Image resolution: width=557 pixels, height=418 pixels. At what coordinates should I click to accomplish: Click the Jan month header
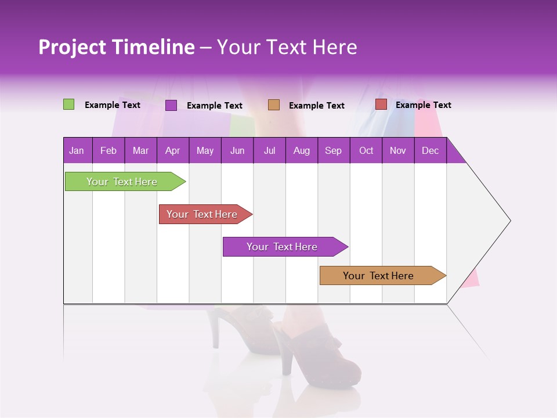click(x=77, y=150)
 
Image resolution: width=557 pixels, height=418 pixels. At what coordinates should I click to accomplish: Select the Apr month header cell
click(x=172, y=150)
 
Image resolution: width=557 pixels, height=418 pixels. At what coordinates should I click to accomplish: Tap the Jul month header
click(x=269, y=150)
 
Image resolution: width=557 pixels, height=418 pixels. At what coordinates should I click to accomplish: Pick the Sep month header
click(x=333, y=150)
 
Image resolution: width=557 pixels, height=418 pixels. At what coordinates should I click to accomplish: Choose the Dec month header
click(x=430, y=150)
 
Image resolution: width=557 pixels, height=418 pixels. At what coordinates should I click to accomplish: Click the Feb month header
click(x=108, y=150)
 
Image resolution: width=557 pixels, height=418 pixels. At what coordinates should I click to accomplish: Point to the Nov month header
click(x=397, y=150)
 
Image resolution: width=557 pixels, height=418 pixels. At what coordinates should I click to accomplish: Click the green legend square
click(x=69, y=105)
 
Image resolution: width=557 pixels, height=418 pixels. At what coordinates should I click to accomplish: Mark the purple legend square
click(x=171, y=105)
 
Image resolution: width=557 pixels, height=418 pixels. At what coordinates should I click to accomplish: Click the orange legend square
click(x=274, y=105)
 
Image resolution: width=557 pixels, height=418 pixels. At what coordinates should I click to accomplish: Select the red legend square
click(x=381, y=105)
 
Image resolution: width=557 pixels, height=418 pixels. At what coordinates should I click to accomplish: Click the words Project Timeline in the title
click(x=117, y=48)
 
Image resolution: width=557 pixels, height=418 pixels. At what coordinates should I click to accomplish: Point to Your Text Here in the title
click(x=287, y=48)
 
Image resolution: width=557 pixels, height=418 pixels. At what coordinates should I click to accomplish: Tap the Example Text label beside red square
click(x=423, y=105)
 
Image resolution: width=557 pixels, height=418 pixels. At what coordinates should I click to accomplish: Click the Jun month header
click(x=237, y=150)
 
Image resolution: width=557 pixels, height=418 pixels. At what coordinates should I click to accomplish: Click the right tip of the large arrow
click(x=509, y=221)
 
